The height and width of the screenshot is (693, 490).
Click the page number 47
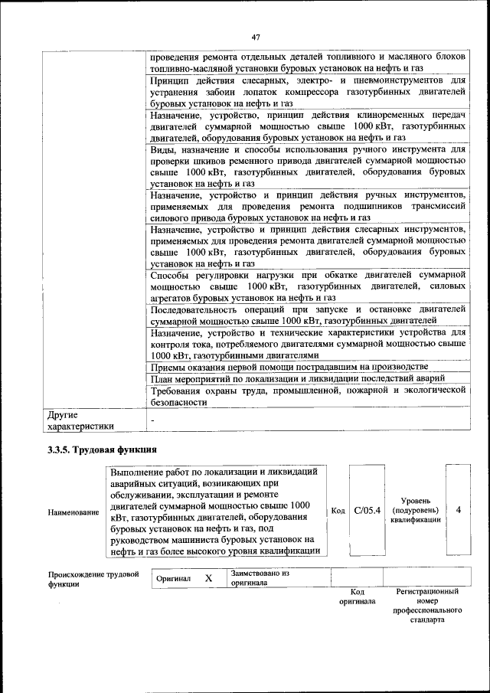click(256, 36)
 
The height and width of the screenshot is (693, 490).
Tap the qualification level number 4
click(458, 510)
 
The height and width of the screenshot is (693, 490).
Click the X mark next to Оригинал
click(208, 578)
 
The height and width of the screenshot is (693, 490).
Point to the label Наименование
click(73, 511)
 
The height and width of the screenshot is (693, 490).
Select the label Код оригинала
click(356, 597)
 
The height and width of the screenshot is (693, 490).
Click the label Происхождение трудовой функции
click(93, 578)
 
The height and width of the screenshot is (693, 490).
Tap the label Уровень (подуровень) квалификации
click(414, 510)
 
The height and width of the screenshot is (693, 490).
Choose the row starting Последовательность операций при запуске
click(308, 315)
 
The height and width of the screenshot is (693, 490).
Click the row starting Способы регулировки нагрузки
click(308, 286)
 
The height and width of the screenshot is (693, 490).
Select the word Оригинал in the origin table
click(173, 579)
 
